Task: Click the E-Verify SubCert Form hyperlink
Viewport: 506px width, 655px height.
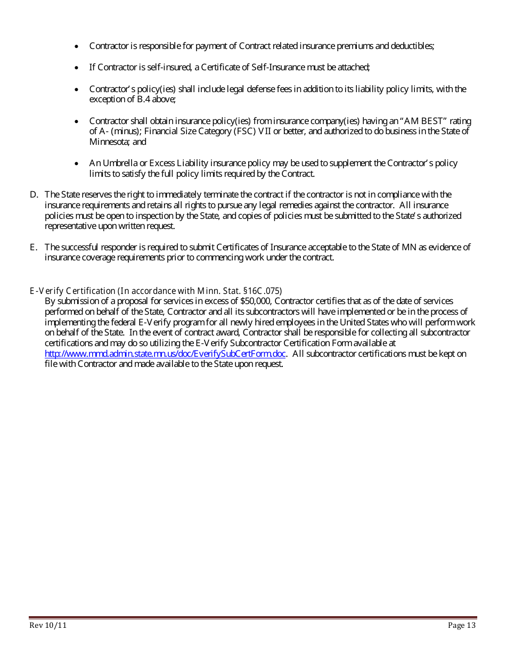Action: pos(165,354)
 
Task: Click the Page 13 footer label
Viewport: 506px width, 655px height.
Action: pos(462,625)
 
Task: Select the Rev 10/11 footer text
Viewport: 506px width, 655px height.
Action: pos(48,625)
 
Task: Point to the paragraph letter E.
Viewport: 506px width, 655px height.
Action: pos(32,247)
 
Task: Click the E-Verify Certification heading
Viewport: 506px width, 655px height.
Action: pos(72,291)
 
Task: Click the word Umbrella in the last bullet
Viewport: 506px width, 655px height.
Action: pos(119,163)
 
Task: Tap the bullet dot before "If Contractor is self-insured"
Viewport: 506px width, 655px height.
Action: pos(77,68)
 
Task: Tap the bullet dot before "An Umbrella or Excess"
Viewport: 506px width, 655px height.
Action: pos(77,163)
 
